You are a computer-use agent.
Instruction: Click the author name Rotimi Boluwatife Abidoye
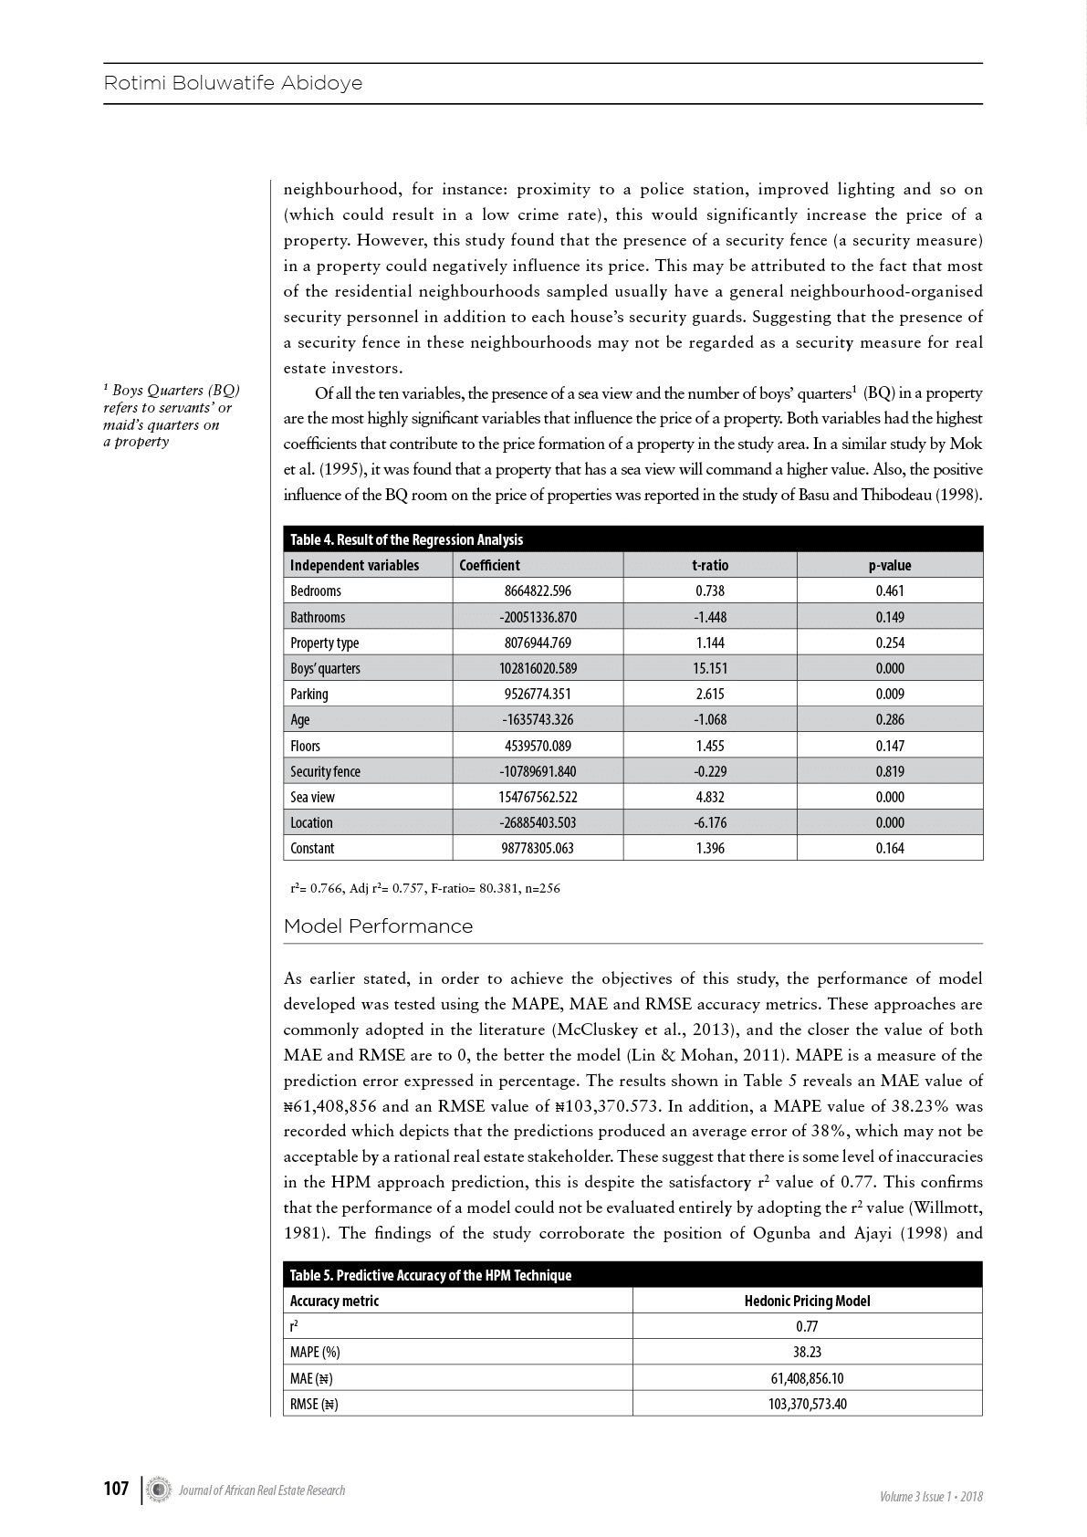pyautogui.click(x=233, y=83)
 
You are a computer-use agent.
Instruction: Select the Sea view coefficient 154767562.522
pyautogui.click(x=538, y=797)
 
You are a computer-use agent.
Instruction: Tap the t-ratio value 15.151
pyautogui.click(x=709, y=668)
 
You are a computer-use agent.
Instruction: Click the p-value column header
pyautogui.click(x=889, y=565)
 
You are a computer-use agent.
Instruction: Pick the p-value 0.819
pyautogui.click(x=889, y=771)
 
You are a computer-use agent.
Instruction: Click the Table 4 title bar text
pyautogui.click(x=406, y=539)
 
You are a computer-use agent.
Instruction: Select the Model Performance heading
pyautogui.click(x=378, y=926)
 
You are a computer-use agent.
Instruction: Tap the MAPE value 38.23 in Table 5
pyautogui.click(x=807, y=1352)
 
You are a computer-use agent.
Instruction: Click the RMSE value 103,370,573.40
pyautogui.click(x=807, y=1404)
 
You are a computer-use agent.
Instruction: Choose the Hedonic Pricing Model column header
pyautogui.click(x=807, y=1301)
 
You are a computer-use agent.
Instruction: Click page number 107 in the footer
pyautogui.click(x=116, y=1490)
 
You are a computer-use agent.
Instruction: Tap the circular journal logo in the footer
pyautogui.click(x=160, y=1490)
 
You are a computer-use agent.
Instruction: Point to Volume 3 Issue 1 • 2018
pyautogui.click(x=931, y=1496)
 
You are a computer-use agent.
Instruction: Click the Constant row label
pyautogui.click(x=312, y=848)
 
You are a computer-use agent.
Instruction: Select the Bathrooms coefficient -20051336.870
pyautogui.click(x=538, y=617)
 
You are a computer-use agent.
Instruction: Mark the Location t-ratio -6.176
pyautogui.click(x=709, y=822)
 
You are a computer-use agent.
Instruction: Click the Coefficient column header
pyautogui.click(x=489, y=565)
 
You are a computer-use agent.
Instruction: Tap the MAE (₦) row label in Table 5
pyautogui.click(x=310, y=1378)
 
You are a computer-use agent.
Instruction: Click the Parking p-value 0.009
pyautogui.click(x=889, y=694)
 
